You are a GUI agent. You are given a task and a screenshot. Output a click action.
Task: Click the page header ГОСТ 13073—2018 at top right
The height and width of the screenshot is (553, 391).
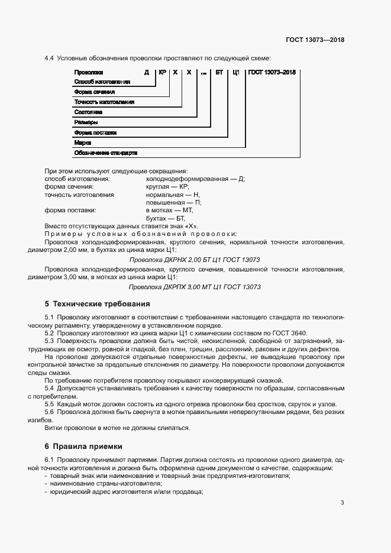click(314, 40)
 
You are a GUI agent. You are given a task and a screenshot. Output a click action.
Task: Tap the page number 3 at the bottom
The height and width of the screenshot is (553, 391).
click(342, 503)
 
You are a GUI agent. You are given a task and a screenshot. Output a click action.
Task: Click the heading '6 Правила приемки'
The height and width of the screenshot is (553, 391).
click(83, 445)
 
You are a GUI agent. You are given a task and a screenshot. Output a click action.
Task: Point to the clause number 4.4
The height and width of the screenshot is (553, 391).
click(50, 58)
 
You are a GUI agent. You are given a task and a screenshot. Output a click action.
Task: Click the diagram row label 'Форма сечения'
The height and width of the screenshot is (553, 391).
click(94, 92)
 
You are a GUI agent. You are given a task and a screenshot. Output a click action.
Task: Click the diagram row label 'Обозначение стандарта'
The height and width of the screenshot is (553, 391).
click(105, 153)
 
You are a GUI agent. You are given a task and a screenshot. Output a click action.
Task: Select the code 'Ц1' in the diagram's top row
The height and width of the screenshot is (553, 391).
click(235, 72)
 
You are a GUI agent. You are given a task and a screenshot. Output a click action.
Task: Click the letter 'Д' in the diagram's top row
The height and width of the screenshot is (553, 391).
click(146, 72)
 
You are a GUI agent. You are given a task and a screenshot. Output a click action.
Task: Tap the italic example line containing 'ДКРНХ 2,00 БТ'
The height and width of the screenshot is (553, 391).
click(195, 260)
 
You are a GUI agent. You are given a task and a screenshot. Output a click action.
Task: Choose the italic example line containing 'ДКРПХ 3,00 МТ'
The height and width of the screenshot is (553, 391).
click(195, 287)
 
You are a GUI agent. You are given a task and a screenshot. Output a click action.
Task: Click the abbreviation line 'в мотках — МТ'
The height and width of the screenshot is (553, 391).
click(169, 210)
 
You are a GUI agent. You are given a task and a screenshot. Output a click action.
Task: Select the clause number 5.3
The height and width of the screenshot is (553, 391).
click(50, 341)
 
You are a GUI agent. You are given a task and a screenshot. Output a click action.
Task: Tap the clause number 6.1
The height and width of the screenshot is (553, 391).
click(50, 460)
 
